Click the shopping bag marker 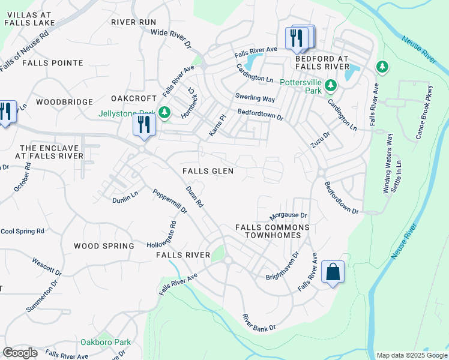coord(333,272)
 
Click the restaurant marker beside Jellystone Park coord(144,124)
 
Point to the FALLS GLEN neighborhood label coord(208,171)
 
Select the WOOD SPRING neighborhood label coord(104,246)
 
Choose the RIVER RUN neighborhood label coord(133,22)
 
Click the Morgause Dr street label coord(288,215)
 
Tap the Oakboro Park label coord(106,342)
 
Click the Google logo coord(20,353)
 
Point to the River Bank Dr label coord(259,322)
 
